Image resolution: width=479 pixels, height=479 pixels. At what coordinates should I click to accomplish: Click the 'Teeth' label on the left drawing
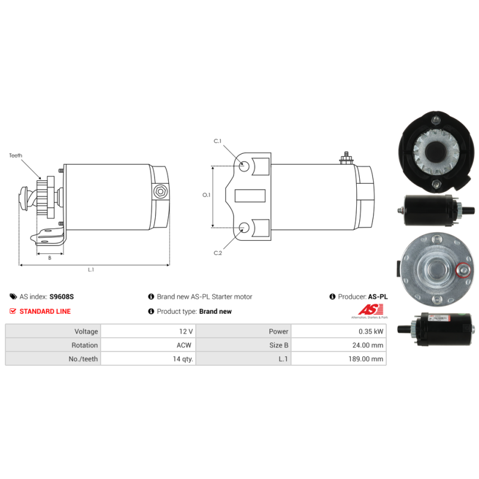(x=16, y=156)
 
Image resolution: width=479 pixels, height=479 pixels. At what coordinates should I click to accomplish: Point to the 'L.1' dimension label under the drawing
(x=91, y=270)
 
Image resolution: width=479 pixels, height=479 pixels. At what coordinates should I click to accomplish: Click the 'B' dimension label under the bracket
(x=49, y=257)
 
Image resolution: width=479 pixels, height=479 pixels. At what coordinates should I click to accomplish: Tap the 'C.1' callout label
(x=218, y=141)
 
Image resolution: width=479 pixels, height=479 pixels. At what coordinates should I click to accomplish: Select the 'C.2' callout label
(x=218, y=253)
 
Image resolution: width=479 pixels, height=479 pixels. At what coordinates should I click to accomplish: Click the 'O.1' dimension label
(x=206, y=195)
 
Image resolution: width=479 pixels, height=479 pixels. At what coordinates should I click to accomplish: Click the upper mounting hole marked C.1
(x=245, y=166)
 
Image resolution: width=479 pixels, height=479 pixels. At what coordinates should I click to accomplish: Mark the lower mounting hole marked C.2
(x=245, y=227)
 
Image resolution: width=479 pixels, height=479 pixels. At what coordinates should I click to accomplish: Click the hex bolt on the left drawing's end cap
(x=159, y=192)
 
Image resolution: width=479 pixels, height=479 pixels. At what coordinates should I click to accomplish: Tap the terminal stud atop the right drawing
(x=345, y=157)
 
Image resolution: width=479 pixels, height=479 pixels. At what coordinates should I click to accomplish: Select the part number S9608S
(x=61, y=296)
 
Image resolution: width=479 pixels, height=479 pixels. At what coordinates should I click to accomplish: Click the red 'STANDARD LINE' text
(x=45, y=311)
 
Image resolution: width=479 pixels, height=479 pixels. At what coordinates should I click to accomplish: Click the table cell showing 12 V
(x=186, y=331)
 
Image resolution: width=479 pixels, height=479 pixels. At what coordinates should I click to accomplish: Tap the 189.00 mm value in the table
(x=366, y=359)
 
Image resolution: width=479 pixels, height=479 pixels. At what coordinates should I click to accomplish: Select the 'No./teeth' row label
(x=83, y=359)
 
